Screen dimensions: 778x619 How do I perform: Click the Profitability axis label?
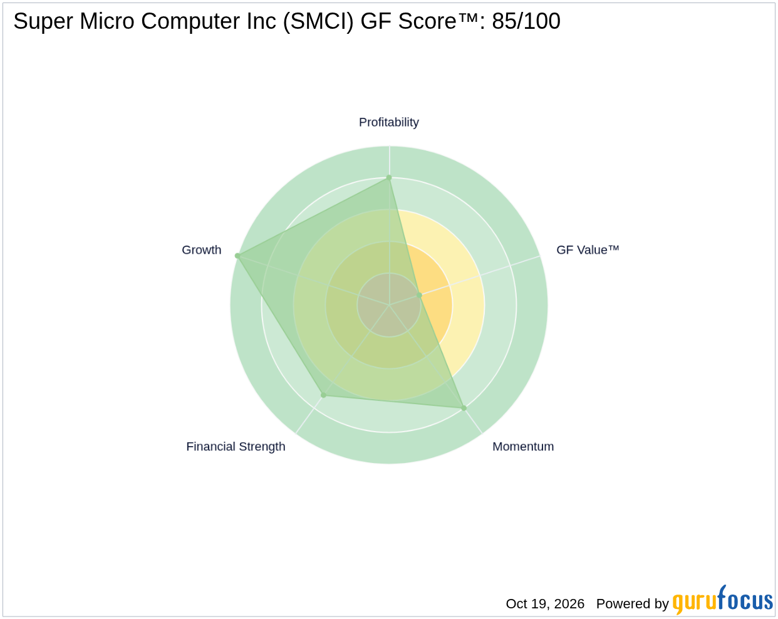(x=388, y=123)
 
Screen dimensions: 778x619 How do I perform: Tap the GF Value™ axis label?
(x=588, y=250)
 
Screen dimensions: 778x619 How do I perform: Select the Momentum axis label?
(x=523, y=447)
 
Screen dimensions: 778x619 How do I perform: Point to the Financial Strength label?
(x=236, y=447)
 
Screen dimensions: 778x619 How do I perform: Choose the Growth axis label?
(x=201, y=250)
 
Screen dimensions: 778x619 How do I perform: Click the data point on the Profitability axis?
(x=389, y=177)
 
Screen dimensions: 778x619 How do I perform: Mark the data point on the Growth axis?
(x=237, y=256)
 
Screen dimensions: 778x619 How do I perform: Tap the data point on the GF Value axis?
(x=419, y=295)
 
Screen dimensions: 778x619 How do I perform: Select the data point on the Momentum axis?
(x=464, y=408)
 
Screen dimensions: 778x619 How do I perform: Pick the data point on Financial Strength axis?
(x=324, y=395)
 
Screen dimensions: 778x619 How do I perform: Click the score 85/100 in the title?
(x=526, y=21)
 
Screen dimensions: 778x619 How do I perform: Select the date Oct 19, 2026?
(x=545, y=603)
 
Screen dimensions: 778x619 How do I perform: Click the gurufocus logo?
(x=722, y=600)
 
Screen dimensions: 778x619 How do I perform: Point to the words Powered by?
(x=632, y=604)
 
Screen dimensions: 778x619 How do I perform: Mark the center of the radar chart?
(x=389, y=304)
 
